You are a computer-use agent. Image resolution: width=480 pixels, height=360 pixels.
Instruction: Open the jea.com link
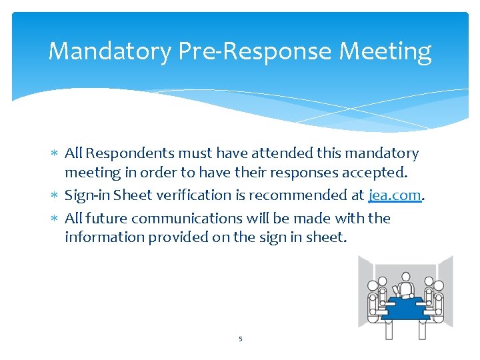point(395,196)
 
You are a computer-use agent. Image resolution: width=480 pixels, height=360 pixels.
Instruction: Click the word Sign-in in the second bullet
point(87,196)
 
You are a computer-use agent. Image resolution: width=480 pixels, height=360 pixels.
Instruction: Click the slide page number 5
point(241,339)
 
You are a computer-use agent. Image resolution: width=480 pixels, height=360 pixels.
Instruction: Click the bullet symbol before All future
point(55,219)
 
